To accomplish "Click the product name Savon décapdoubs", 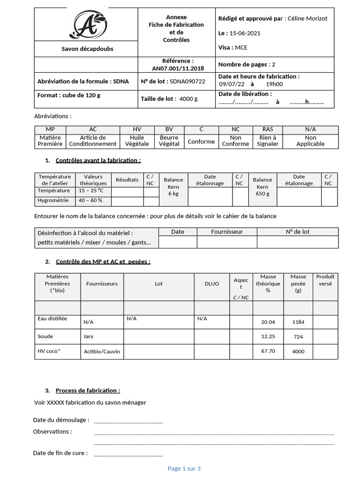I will click(88, 49).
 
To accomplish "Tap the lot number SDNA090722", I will click(187, 81).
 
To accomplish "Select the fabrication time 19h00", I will click(274, 84).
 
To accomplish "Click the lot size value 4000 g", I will click(188, 99).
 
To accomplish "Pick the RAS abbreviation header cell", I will click(267, 129).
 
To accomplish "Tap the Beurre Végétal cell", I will click(169, 141).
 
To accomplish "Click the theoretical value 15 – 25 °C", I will click(91, 191).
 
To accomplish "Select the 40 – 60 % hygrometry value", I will click(91, 201).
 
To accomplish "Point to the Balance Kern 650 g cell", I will click(262, 187).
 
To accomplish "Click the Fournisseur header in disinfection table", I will click(227, 232).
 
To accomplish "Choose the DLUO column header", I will click(211, 284).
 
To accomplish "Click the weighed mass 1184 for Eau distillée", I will click(298, 322).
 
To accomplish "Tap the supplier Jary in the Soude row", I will click(89, 336).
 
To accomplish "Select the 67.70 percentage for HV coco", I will click(268, 351).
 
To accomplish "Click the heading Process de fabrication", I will click(88, 390).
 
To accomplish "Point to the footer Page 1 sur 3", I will click(184, 468).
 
